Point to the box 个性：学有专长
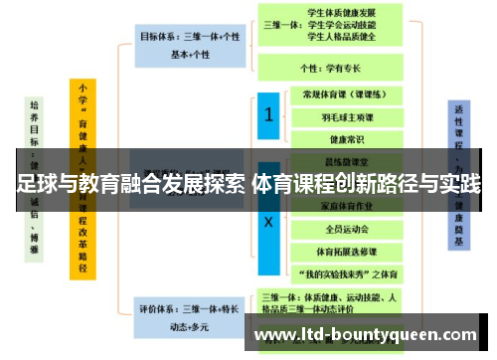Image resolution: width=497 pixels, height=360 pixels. click(x=331, y=69)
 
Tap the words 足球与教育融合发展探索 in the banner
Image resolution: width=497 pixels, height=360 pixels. click(x=131, y=184)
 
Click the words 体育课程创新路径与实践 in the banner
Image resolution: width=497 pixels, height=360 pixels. click(x=367, y=184)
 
